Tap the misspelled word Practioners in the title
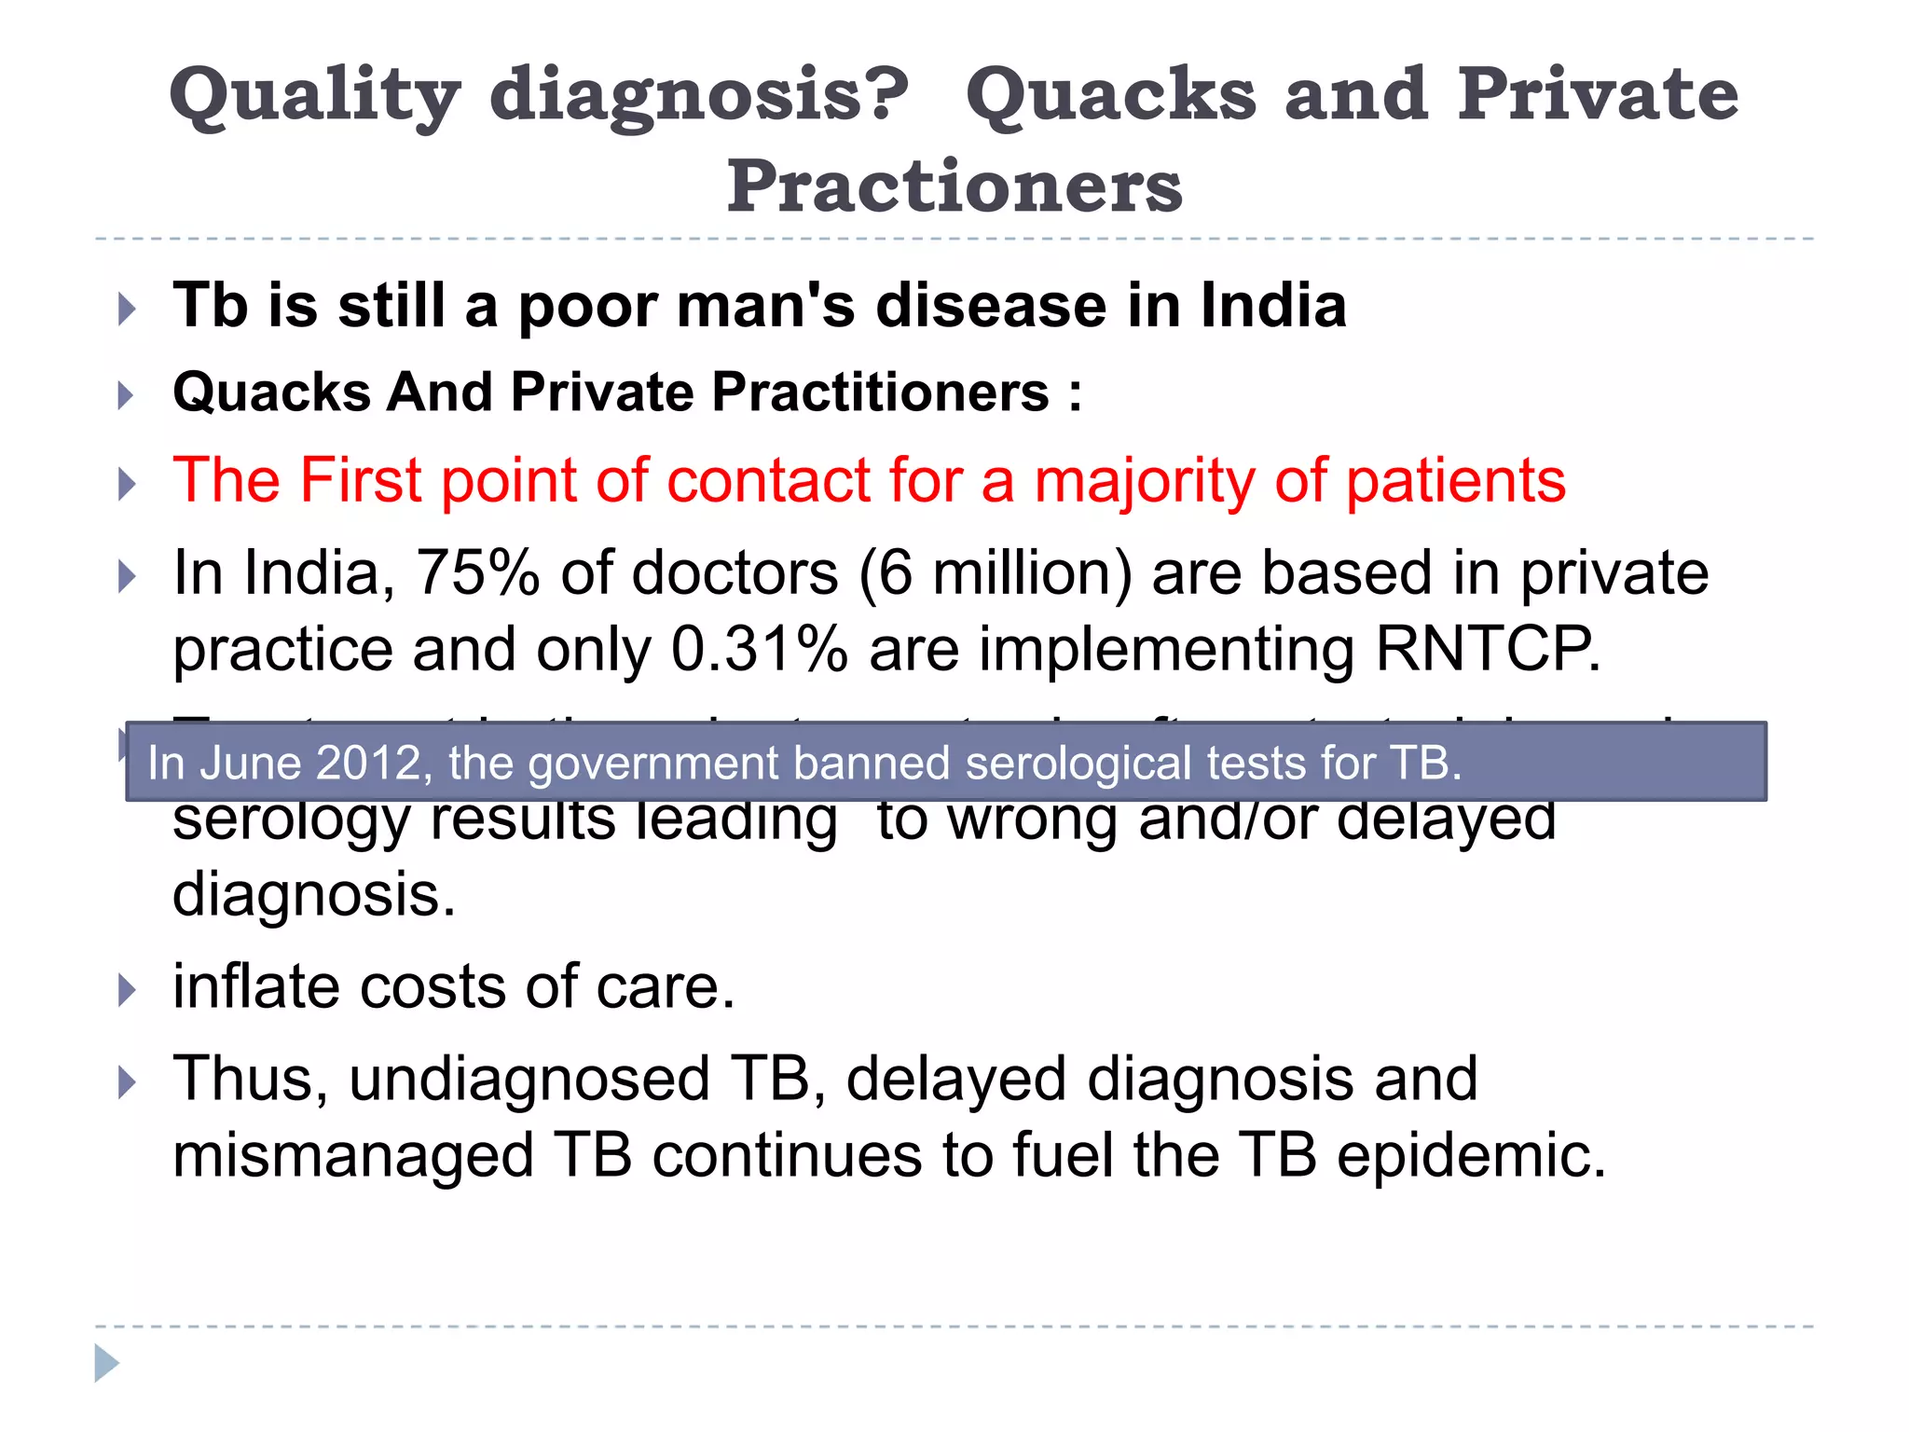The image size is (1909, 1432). pos(954,186)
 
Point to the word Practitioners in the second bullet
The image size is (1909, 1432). pos(881,392)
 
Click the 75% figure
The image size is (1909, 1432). pos(477,572)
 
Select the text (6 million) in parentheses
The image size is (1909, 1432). pos(996,574)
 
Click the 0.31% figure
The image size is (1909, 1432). pos(759,650)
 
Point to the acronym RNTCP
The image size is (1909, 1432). pos(1486,650)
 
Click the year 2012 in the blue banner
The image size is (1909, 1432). pos(369,764)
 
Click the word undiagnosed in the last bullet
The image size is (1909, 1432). pos(529,1080)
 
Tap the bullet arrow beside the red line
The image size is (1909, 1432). pos(128,484)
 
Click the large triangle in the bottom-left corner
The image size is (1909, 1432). pos(106,1363)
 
